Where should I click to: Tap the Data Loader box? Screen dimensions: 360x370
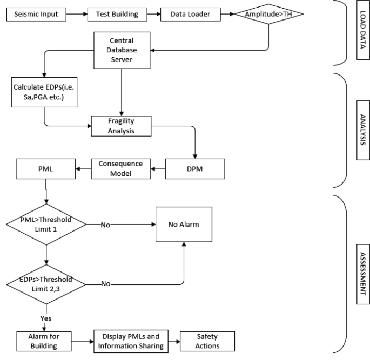(x=186, y=13)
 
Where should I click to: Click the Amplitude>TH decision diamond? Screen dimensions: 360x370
(x=268, y=13)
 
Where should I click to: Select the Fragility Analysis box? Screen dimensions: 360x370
(x=122, y=126)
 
